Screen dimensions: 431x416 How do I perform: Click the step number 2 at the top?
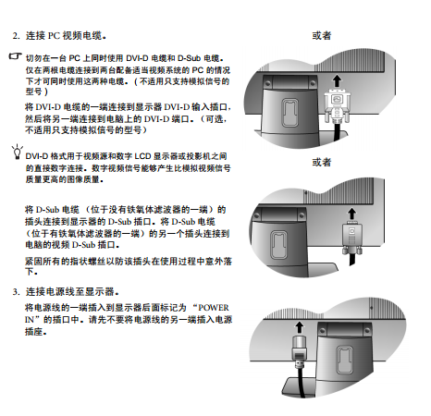pos(16,36)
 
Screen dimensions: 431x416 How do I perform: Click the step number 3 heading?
pos(16,292)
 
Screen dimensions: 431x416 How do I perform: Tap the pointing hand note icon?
pos(15,56)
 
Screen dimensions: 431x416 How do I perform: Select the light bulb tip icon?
pos(18,152)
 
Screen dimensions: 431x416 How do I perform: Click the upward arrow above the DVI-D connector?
pos(337,82)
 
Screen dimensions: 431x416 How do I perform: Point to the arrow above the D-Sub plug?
pos(351,214)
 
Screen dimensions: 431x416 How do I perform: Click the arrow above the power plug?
pos(299,327)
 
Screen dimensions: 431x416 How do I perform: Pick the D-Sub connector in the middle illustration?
pos(351,239)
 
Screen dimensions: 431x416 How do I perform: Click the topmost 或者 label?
pos(322,36)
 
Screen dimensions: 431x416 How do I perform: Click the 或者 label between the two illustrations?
pos(322,162)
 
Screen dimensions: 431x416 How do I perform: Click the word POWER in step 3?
pos(214,308)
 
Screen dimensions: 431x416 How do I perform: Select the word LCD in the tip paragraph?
pos(142,156)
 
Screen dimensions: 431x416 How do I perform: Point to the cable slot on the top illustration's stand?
pos(290,112)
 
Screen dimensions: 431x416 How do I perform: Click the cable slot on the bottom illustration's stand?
pos(344,360)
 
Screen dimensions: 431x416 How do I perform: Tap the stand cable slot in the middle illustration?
pos(278,245)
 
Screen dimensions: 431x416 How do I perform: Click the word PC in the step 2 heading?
pos(54,36)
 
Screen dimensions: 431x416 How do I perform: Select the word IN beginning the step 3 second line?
pos(30,320)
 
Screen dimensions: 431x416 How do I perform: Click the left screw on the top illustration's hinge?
pos(267,83)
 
